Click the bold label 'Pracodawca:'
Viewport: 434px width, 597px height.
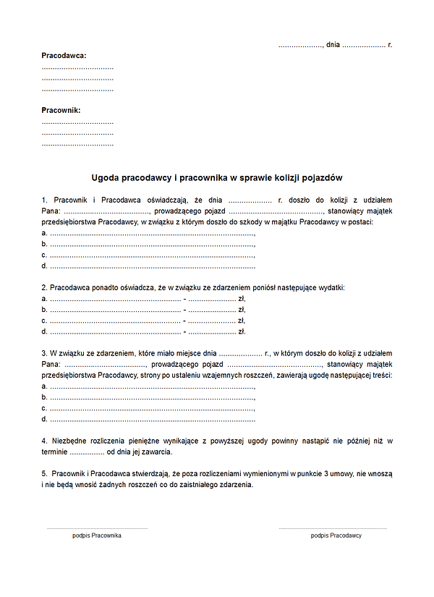64,55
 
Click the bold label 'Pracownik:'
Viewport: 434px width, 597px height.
61,110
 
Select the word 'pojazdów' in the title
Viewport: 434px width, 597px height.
324,177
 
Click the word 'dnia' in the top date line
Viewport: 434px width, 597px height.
333,45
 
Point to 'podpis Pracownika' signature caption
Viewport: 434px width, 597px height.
97,535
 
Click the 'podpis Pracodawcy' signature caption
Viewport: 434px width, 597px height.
336,535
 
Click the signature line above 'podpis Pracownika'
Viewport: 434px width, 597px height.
97,528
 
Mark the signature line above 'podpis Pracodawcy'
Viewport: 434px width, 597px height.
332,528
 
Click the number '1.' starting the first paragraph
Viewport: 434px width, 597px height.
45,200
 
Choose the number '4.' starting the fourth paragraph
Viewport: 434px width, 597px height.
45,441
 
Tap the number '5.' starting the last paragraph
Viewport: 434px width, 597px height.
45,473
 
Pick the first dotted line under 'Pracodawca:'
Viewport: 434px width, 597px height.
77,67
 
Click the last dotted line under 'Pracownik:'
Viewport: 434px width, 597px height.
77,145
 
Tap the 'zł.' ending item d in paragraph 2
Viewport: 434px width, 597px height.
242,331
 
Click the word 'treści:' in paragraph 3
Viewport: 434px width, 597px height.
380,376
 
